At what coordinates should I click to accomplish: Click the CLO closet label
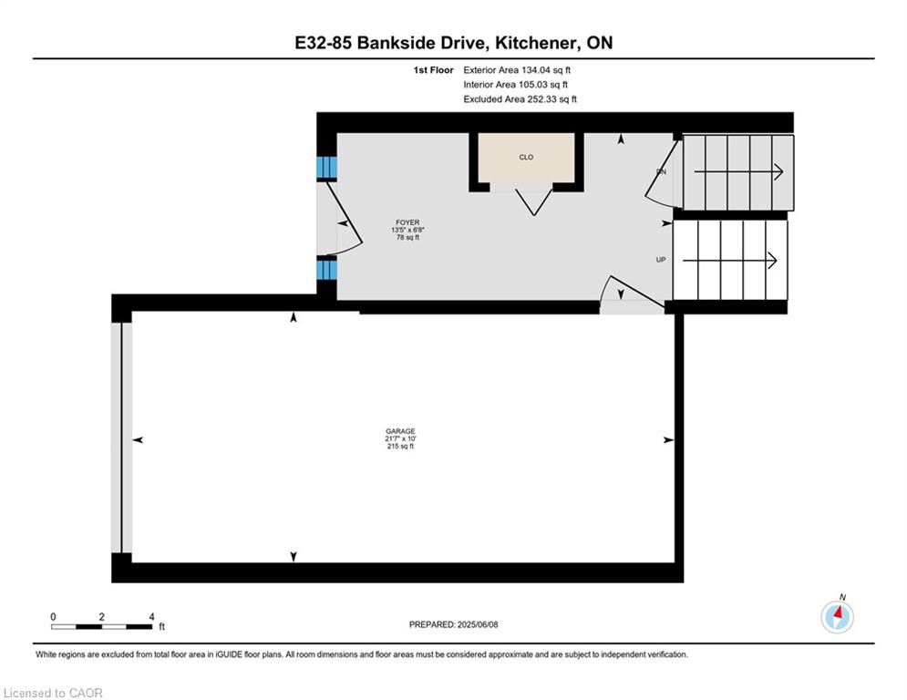526,158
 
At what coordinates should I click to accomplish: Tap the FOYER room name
407,222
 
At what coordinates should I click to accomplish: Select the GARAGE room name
400,431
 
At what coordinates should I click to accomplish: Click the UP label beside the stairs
661,260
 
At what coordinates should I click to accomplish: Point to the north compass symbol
837,616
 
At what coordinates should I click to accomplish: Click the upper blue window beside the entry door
326,167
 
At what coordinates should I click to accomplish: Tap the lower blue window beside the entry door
326,269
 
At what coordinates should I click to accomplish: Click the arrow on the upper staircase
738,172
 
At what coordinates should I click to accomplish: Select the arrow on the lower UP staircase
729,261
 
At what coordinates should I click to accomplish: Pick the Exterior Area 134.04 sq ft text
517,70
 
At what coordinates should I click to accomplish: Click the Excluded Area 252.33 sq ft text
520,99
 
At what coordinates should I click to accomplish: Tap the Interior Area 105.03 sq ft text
515,85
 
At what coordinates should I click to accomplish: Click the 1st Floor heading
433,70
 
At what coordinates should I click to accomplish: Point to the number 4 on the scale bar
151,617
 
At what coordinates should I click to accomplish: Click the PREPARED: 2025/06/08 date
454,624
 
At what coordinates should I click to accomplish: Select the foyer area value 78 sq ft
407,237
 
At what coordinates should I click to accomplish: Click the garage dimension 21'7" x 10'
400,438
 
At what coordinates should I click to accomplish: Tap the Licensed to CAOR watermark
53,693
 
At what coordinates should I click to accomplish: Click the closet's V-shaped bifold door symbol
534,202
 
